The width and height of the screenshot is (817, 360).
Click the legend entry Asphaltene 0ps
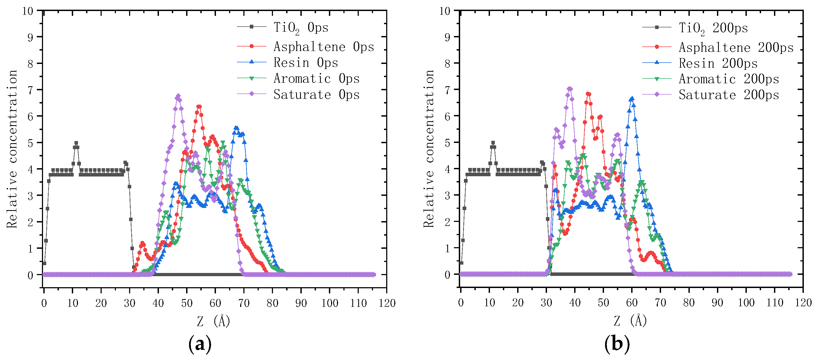coord(324,46)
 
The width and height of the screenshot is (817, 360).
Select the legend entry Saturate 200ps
coord(729,95)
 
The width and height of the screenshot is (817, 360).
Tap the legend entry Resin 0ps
coord(306,62)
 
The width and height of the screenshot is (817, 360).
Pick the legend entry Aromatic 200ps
coord(729,79)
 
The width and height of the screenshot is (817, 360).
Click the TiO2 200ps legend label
coord(713,28)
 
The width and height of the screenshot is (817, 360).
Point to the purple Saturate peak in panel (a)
coord(178,96)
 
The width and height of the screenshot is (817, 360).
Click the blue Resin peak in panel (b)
coord(631,99)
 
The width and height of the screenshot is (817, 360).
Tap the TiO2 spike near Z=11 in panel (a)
coord(76,143)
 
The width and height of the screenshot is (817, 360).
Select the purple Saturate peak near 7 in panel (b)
coord(570,89)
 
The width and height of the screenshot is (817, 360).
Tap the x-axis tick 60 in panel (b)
coord(632,303)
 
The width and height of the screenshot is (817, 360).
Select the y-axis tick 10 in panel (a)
coord(28,11)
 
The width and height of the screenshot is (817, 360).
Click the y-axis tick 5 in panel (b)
coord(447,143)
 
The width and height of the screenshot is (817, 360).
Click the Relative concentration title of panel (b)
coord(428,149)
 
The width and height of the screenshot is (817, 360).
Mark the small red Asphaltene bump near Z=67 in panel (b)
coord(651,253)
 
